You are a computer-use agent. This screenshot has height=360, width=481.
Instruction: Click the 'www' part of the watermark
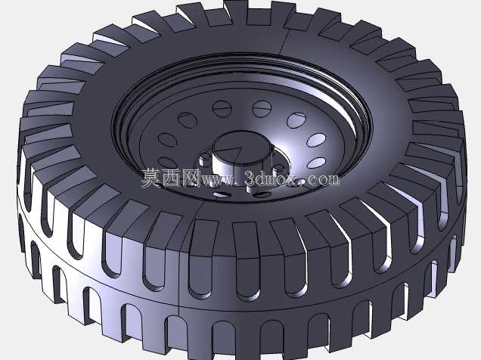click(219, 180)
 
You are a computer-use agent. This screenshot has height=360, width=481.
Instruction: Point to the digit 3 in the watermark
click(250, 178)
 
